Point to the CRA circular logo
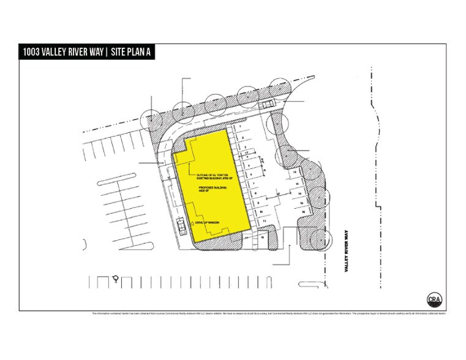(434, 299)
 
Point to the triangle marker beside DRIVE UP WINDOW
(197, 222)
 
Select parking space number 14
(300, 192)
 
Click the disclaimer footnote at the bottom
(269, 314)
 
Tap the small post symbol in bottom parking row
(116, 280)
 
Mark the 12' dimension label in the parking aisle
(278, 195)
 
